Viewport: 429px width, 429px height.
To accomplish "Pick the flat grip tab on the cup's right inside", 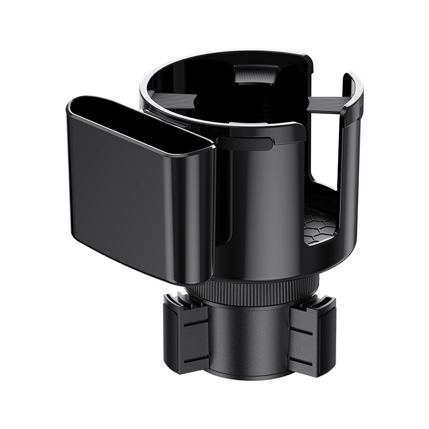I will [327, 105].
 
